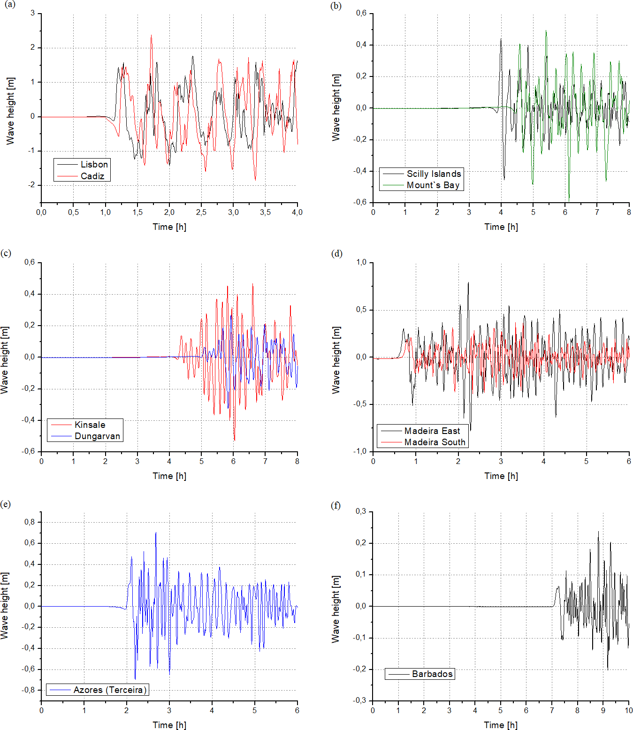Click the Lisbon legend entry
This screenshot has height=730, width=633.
point(94,164)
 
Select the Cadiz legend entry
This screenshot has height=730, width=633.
point(92,176)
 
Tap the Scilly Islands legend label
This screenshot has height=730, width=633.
point(434,174)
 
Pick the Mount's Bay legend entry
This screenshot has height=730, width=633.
point(433,185)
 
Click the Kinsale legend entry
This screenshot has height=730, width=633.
point(90,425)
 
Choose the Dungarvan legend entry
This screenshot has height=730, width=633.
point(97,436)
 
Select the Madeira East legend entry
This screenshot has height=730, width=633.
point(432,431)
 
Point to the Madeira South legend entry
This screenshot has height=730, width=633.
point(435,442)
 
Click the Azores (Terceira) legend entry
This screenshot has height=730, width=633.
point(110,690)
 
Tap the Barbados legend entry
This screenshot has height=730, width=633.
point(432,674)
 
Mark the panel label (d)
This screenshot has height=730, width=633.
point(336,253)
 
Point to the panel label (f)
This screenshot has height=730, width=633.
point(336,505)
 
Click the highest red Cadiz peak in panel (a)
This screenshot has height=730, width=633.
point(151,35)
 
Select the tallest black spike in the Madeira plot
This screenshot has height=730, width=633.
point(468,283)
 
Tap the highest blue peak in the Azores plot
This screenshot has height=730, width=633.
point(156,533)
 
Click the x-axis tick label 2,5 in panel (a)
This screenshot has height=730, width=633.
point(201,212)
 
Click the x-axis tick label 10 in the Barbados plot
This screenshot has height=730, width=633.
point(628,710)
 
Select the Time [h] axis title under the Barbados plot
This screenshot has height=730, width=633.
point(501,725)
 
